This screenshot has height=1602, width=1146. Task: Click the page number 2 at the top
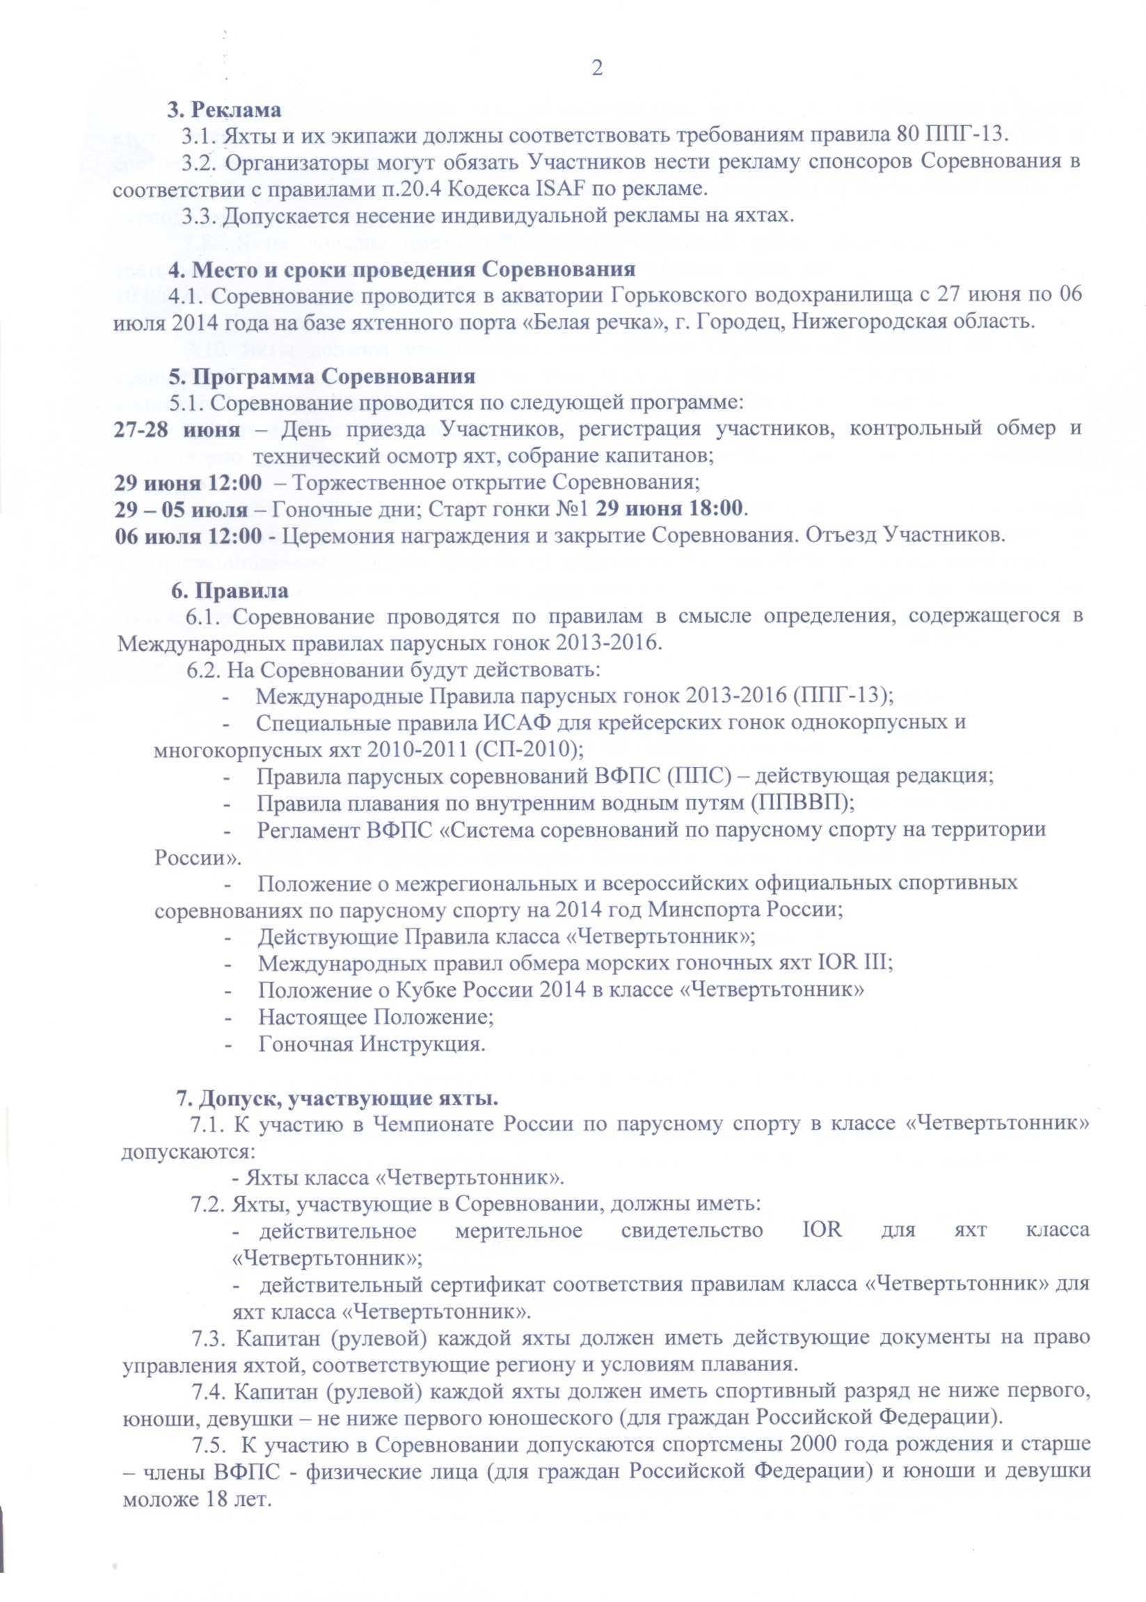point(597,68)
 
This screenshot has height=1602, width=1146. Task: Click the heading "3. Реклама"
point(223,110)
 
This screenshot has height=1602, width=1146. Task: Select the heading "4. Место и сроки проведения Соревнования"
point(401,269)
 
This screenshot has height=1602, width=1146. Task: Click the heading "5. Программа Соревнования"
point(321,376)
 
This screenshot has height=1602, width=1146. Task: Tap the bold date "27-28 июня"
point(177,429)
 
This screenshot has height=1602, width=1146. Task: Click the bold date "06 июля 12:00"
point(196,535)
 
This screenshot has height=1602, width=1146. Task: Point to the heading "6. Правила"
point(230,590)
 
